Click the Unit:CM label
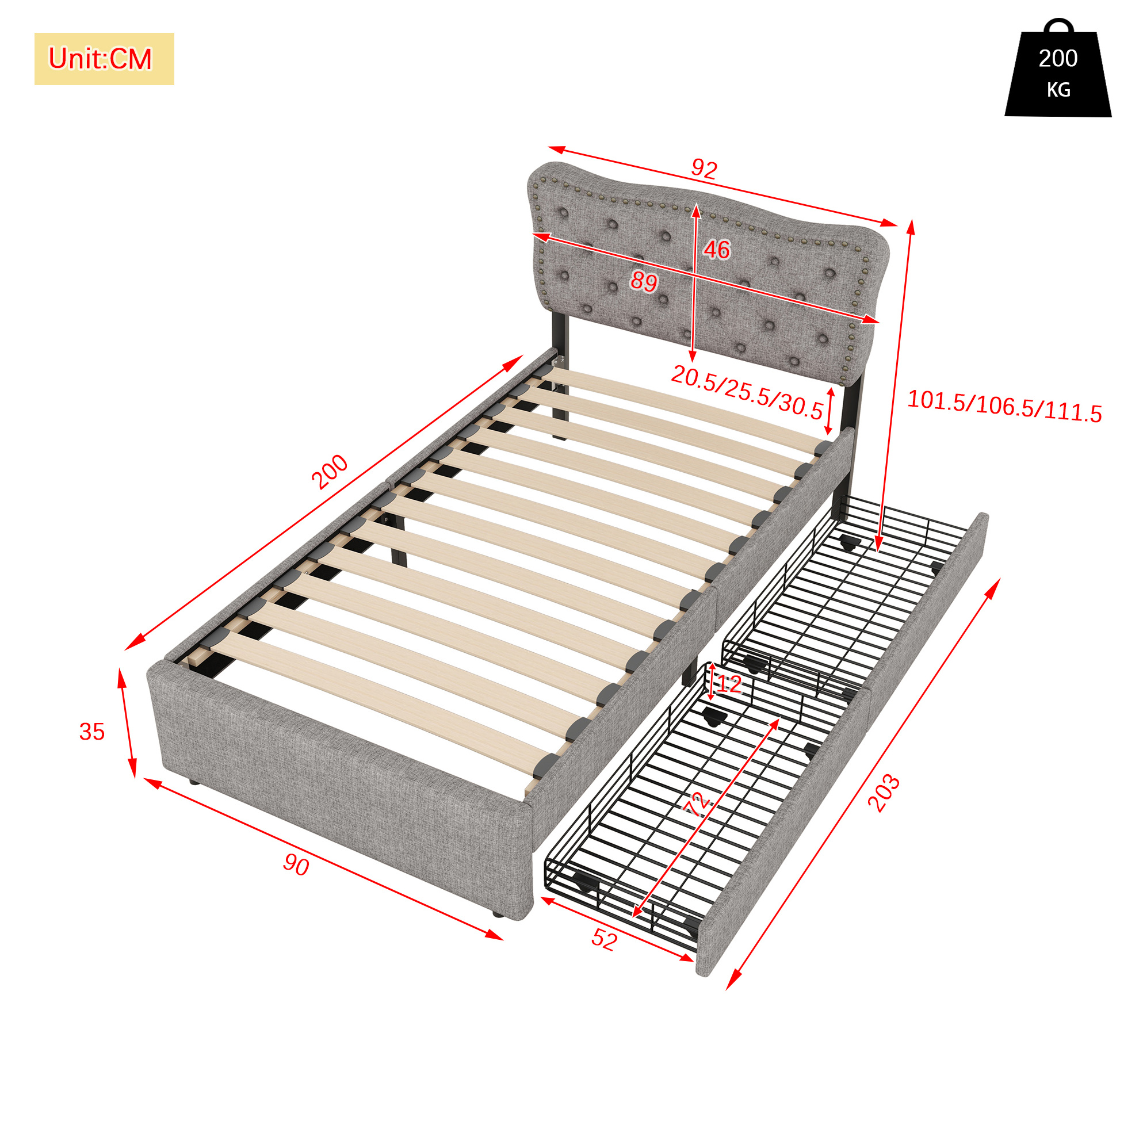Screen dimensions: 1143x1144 click(x=100, y=59)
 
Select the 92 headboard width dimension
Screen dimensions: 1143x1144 click(x=704, y=169)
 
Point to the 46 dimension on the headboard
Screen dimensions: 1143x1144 click(x=717, y=249)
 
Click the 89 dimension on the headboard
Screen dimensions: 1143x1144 click(x=643, y=281)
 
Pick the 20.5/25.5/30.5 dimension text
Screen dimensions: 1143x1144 click(x=747, y=392)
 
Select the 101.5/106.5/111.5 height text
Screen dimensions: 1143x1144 click(x=1004, y=406)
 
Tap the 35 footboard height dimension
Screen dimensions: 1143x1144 click(x=92, y=732)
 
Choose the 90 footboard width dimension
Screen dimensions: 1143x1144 click(x=296, y=865)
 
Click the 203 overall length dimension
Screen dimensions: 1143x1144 click(x=884, y=793)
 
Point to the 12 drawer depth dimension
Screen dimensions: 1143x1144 click(x=729, y=684)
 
